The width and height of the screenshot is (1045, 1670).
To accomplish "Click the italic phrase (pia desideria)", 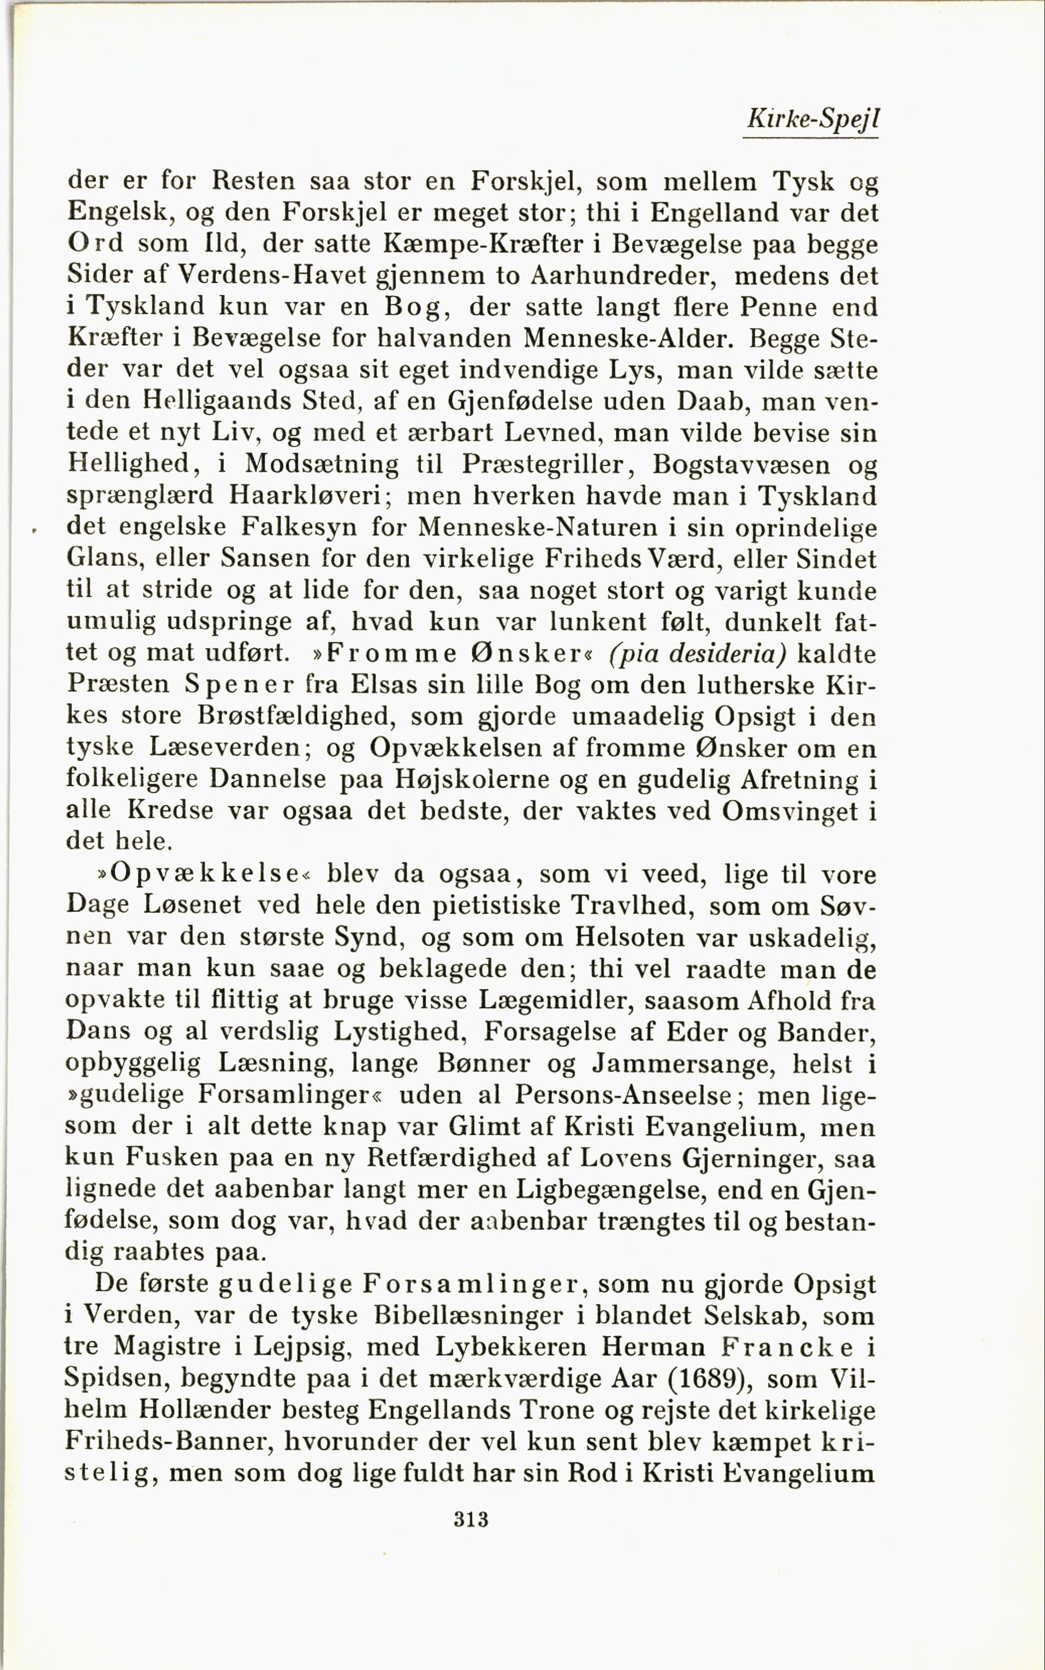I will pyautogui.click(x=698, y=653).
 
